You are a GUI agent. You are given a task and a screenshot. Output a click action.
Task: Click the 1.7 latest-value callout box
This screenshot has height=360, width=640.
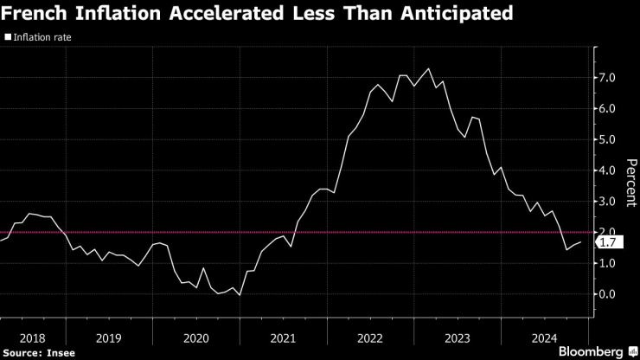pyautogui.click(x=609, y=243)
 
